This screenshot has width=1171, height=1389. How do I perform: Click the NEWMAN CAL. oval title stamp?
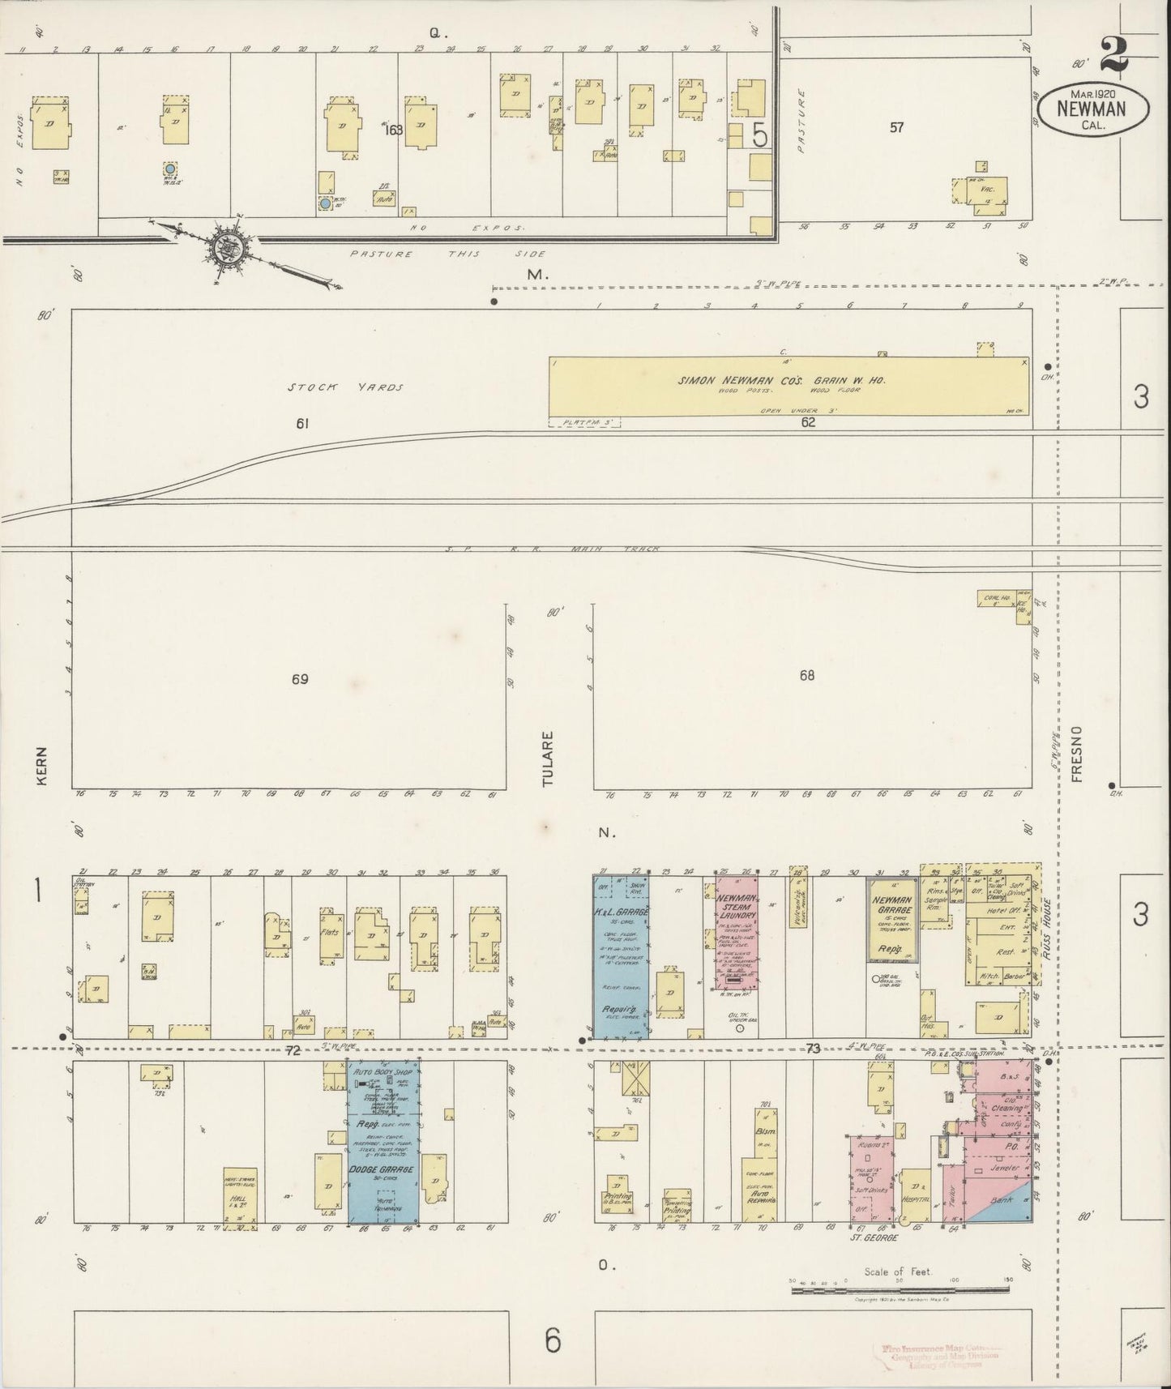[x=1094, y=109]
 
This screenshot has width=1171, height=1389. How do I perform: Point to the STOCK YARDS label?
[x=345, y=387]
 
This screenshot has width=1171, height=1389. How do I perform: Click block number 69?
[x=300, y=679]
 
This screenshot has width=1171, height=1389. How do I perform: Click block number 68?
[x=806, y=675]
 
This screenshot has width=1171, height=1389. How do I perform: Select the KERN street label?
[x=43, y=766]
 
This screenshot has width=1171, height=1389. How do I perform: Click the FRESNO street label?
[x=1077, y=754]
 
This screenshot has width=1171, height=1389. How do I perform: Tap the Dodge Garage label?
[x=382, y=1169]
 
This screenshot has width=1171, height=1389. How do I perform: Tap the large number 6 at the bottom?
[x=553, y=1341]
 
